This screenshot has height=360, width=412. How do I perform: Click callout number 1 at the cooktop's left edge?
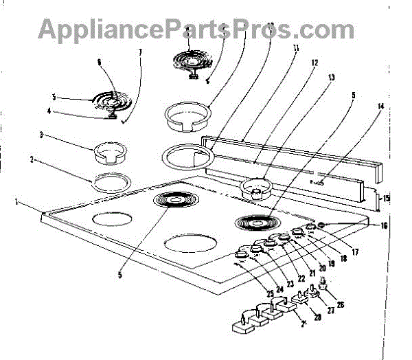click(16, 202)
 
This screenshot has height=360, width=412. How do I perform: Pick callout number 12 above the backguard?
click(314, 63)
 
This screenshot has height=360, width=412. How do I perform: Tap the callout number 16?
click(385, 225)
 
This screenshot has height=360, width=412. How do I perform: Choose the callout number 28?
click(317, 317)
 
